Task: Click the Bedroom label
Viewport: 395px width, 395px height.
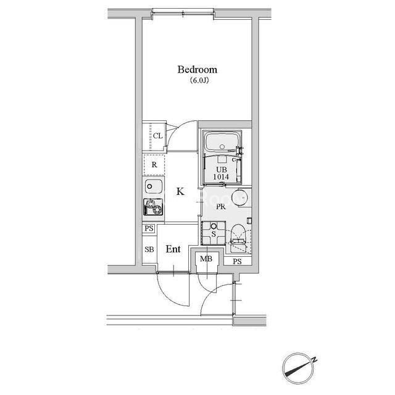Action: [x=197, y=70]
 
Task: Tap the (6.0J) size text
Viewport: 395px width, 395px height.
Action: [x=199, y=81]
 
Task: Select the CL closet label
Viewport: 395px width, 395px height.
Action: [x=158, y=136]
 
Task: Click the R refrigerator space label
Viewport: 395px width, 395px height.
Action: [x=154, y=165]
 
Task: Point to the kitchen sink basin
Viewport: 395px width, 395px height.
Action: [x=154, y=186]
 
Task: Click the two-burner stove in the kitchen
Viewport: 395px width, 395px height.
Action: [x=153, y=207]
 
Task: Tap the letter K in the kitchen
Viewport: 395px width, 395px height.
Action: [x=180, y=192]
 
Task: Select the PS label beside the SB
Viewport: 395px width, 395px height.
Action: [x=149, y=228]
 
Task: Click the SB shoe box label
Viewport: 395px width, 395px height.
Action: [x=149, y=249]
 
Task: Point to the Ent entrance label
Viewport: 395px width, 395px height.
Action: [x=173, y=249]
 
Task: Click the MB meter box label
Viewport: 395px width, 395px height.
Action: [x=206, y=259]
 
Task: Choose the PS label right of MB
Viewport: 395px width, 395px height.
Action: [x=237, y=262]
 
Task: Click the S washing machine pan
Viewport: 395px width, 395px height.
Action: [x=214, y=233]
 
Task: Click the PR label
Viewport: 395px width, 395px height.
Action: [x=221, y=207]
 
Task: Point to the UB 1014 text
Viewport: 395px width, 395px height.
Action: [x=221, y=173]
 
